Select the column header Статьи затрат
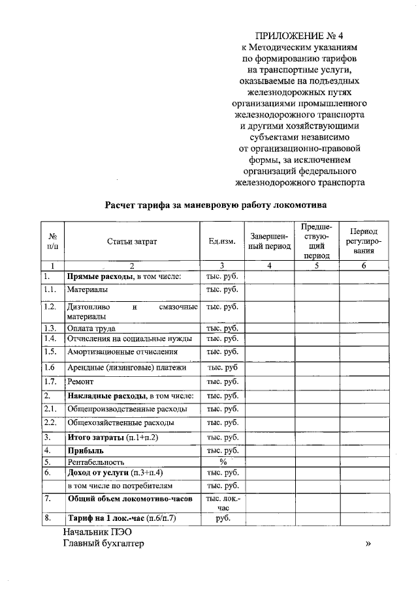point(133,241)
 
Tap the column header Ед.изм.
point(222,241)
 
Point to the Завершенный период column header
point(270,241)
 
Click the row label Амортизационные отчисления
point(122,352)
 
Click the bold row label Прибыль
point(86,450)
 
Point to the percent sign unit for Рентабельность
point(222,462)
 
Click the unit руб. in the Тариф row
point(222,519)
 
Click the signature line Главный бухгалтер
point(103,544)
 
